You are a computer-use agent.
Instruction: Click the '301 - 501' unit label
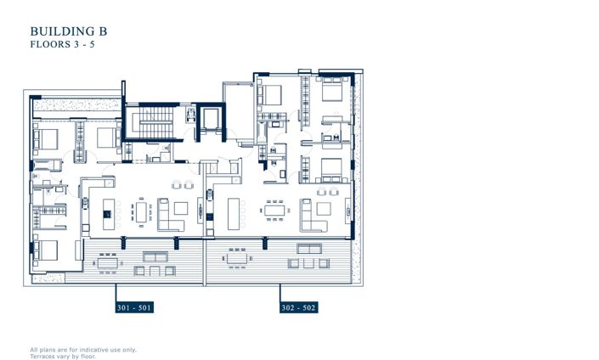pyautogui.click(x=134, y=307)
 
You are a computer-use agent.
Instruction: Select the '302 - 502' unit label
pyautogui.click(x=298, y=307)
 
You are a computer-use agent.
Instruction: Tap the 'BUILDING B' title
pyautogui.click(x=68, y=31)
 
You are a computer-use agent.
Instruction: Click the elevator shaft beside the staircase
pyautogui.click(x=209, y=118)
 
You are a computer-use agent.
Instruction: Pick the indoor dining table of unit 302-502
pyautogui.click(x=274, y=208)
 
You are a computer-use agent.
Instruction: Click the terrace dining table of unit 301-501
pyautogui.click(x=108, y=263)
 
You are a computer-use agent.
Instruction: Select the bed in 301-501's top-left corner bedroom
pyautogui.click(x=45, y=136)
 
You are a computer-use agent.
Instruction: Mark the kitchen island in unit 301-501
pyautogui.click(x=109, y=210)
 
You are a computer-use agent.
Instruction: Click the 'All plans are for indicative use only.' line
pyautogui.click(x=83, y=349)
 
